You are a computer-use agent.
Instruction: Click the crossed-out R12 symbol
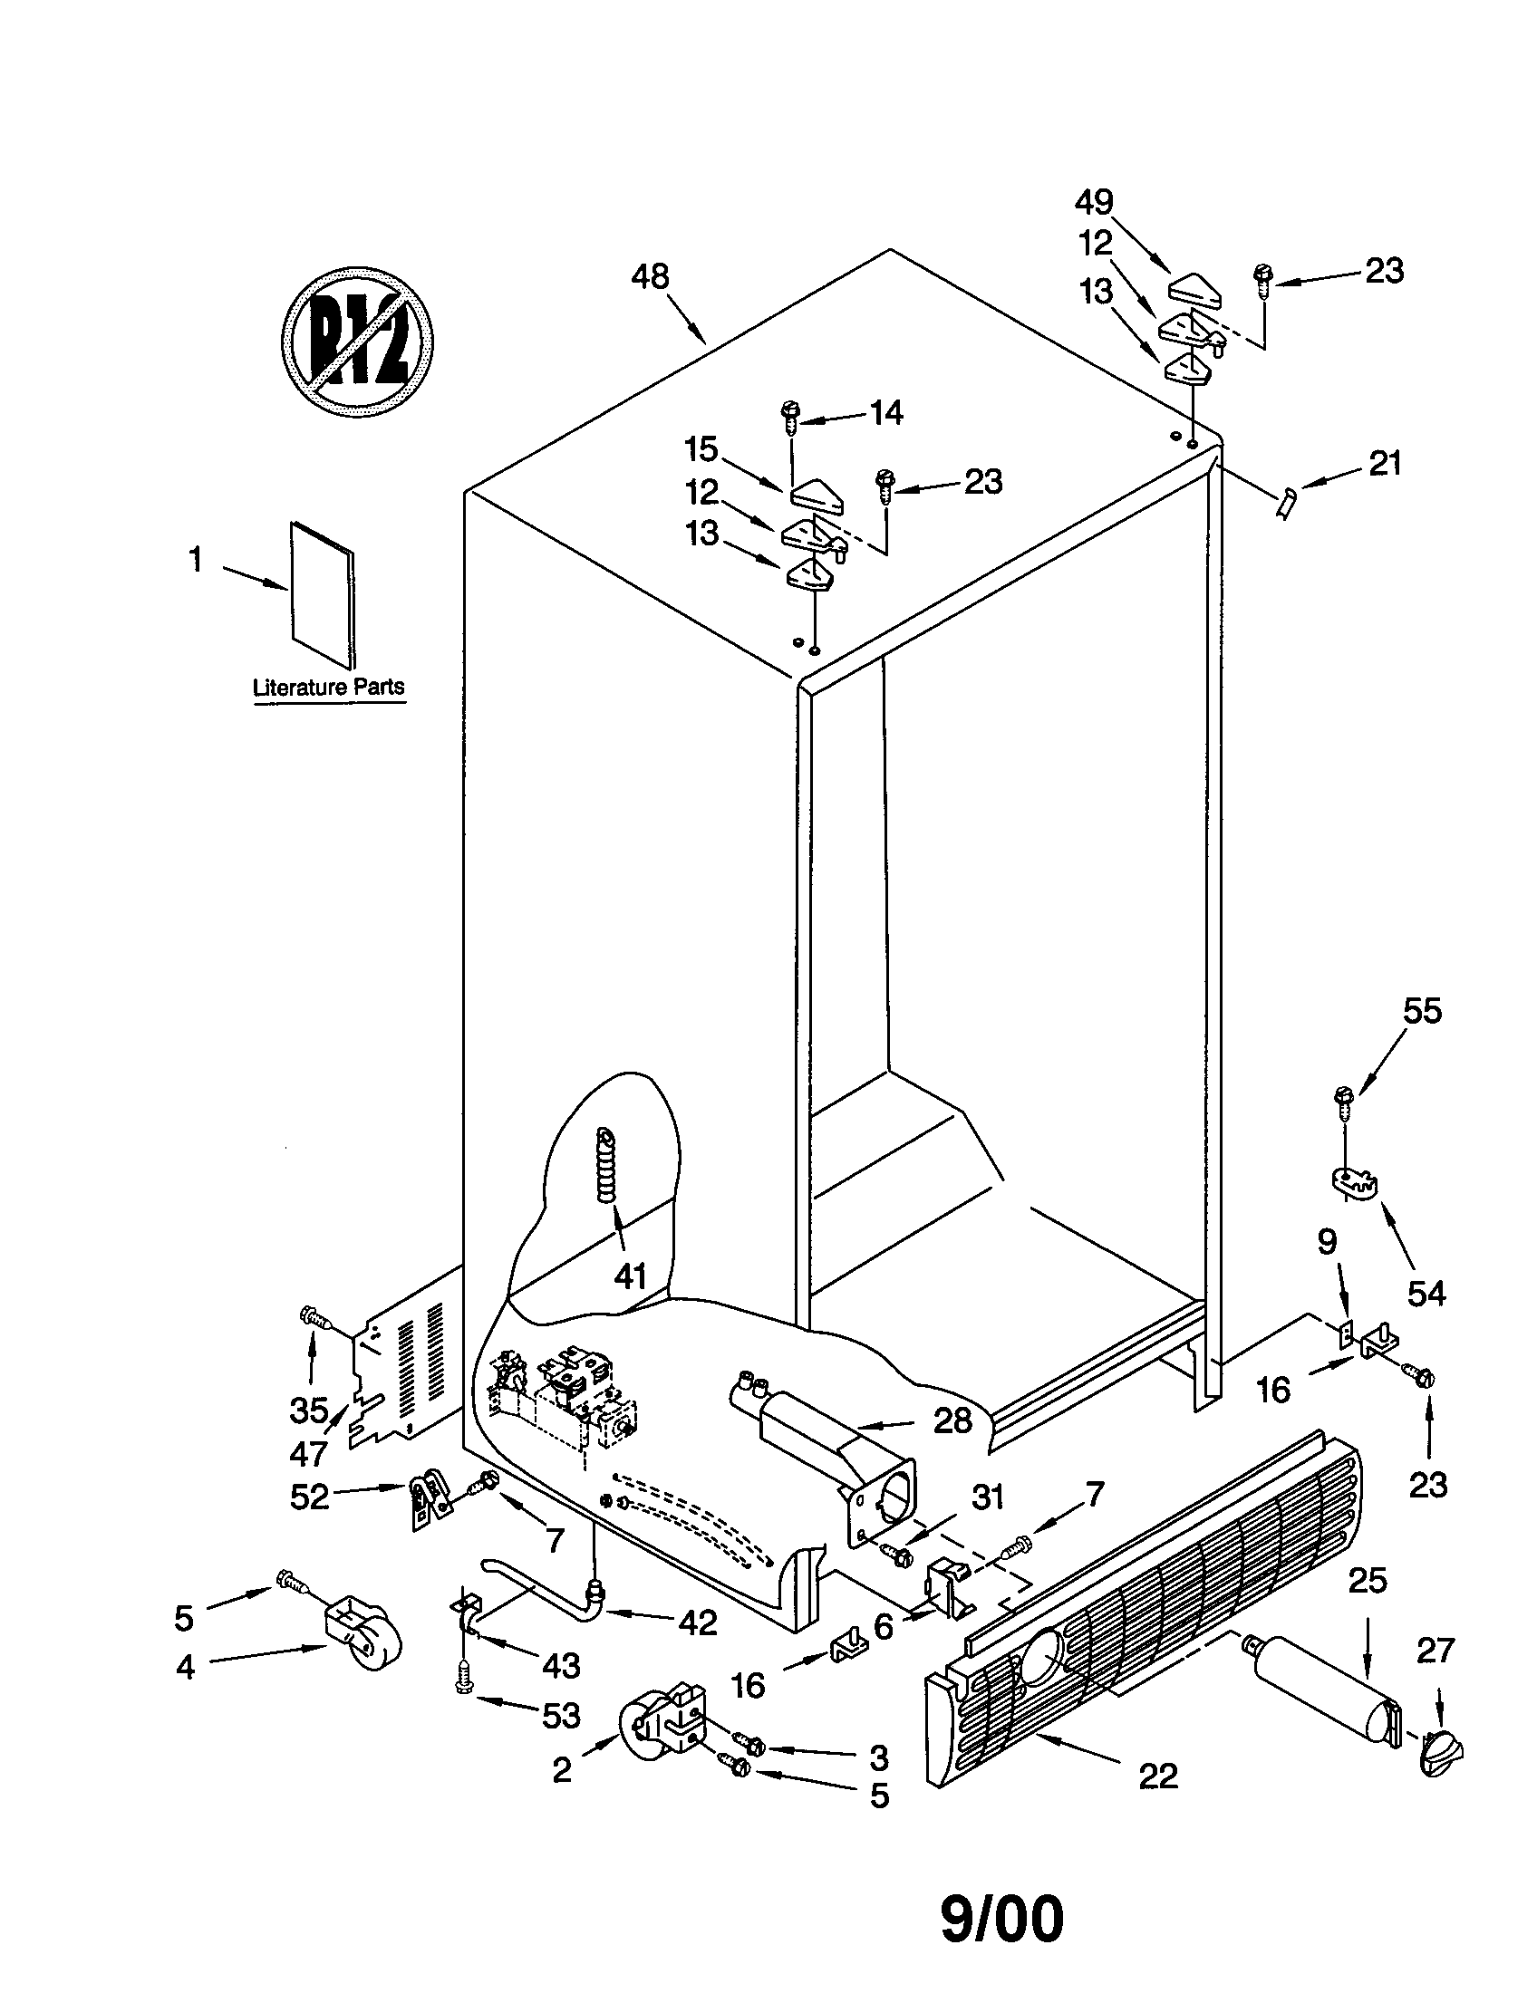pos(356,342)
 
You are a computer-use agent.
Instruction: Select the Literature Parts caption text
pos(329,688)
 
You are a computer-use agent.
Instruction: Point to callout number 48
pos(650,275)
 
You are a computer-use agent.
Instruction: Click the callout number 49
pos(1094,202)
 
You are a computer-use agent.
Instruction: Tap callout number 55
pos(1422,1011)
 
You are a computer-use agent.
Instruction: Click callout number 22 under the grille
pos(1157,1776)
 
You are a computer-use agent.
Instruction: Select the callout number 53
pos(560,1716)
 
